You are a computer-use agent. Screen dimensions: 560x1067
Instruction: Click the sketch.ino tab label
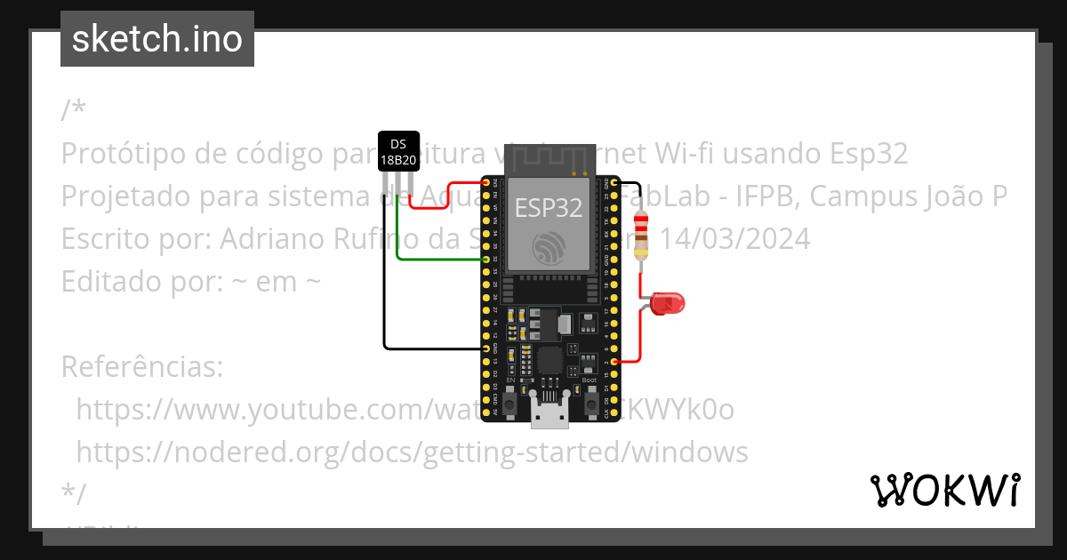[x=156, y=39]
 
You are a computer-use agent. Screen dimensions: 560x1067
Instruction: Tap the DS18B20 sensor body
[x=398, y=152]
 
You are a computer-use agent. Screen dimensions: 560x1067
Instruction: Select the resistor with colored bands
[x=640, y=236]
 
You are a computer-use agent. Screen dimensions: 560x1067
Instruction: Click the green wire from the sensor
[x=436, y=260]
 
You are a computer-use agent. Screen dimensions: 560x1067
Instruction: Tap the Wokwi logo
[x=944, y=490]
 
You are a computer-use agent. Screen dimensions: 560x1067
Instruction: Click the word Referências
[x=141, y=366]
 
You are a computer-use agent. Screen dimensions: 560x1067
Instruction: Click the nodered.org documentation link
[x=412, y=452]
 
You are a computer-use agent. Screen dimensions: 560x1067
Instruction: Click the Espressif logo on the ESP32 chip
[x=550, y=248]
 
